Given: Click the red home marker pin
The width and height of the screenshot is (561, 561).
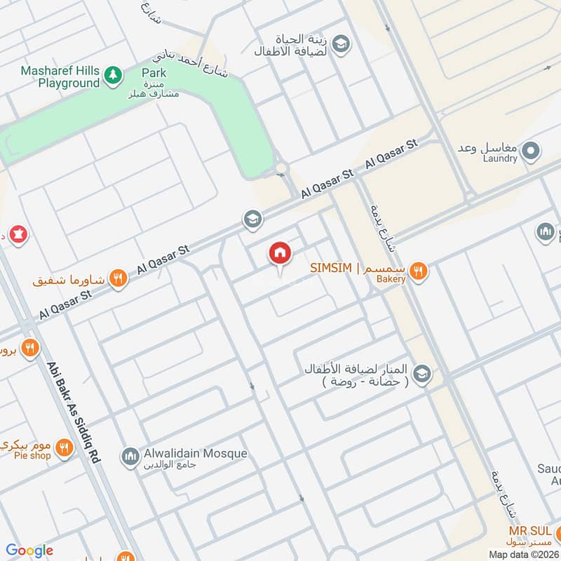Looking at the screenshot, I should tap(279, 253).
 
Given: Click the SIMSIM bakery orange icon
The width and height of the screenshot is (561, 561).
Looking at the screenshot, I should tap(419, 271).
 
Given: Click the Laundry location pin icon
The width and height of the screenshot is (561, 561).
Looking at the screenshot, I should tap(532, 151).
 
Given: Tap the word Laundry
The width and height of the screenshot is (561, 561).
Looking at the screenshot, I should tap(499, 159).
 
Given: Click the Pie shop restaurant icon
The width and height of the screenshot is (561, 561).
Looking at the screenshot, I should tap(64, 447).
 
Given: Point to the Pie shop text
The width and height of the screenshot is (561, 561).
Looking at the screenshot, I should tap(32, 456).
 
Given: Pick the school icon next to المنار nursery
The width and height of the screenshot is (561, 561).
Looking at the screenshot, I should tap(421, 374).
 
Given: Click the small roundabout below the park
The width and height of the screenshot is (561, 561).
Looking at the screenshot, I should tap(282, 169).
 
